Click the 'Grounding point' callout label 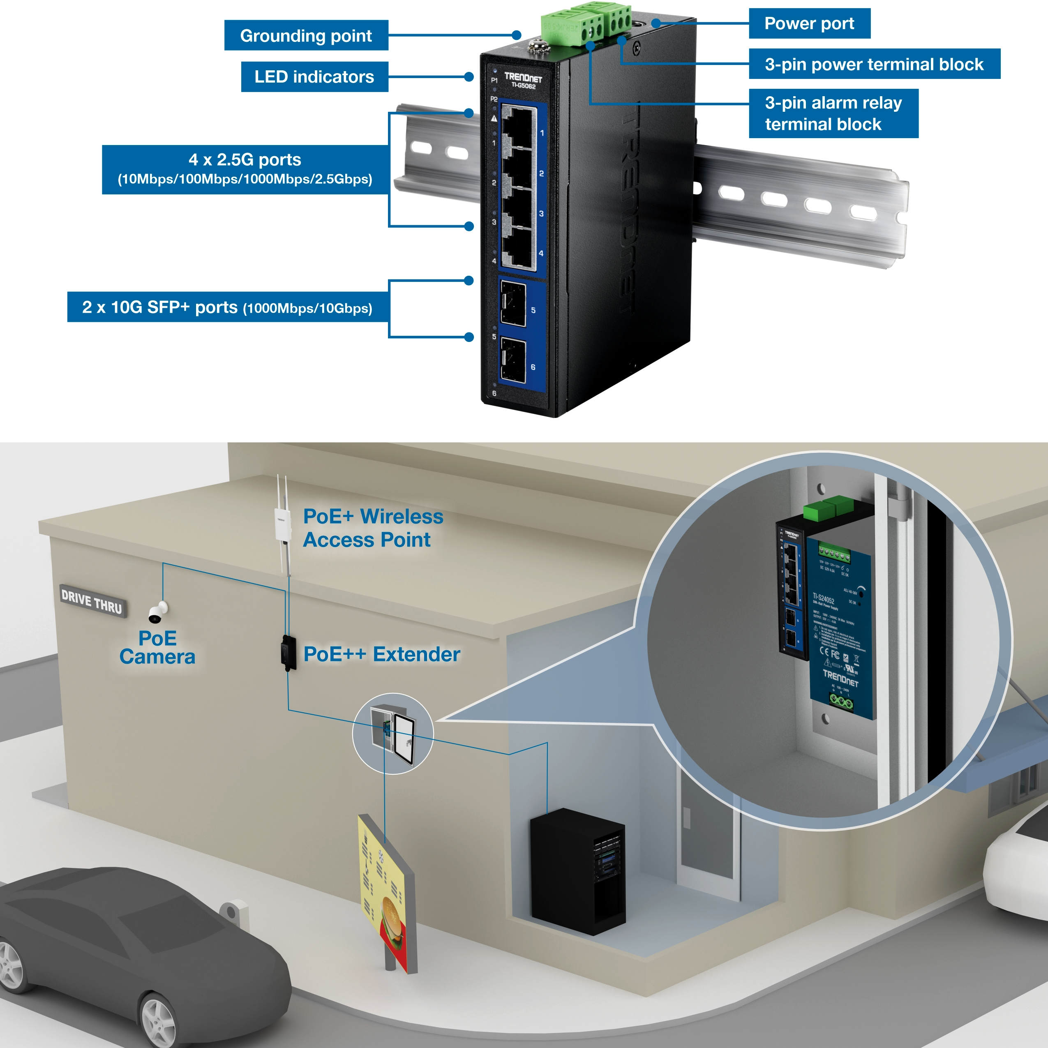click(x=306, y=36)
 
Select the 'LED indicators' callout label click(x=314, y=77)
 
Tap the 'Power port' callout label click(x=809, y=23)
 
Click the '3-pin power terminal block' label click(x=874, y=64)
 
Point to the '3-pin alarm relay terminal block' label click(x=833, y=113)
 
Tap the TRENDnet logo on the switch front click(x=522, y=78)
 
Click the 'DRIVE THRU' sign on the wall click(x=92, y=601)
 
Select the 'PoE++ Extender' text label click(x=381, y=654)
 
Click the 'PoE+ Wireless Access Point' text click(x=373, y=528)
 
